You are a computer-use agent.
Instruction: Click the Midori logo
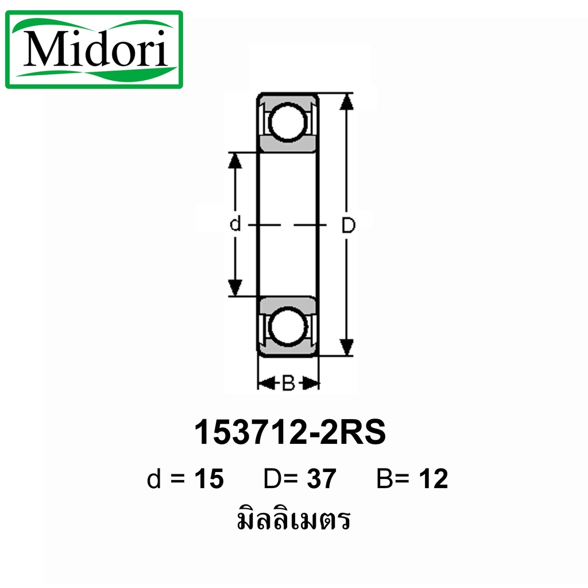94,49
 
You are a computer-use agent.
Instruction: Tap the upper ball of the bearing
288,123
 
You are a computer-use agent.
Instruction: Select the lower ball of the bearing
288,326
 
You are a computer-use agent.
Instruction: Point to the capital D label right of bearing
348,225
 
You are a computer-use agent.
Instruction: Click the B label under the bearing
288,384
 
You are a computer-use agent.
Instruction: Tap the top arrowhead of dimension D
346,102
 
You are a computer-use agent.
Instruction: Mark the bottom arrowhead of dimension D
346,347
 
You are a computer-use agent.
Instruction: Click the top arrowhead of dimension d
235,161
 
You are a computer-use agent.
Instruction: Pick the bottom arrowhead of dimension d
235,288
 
